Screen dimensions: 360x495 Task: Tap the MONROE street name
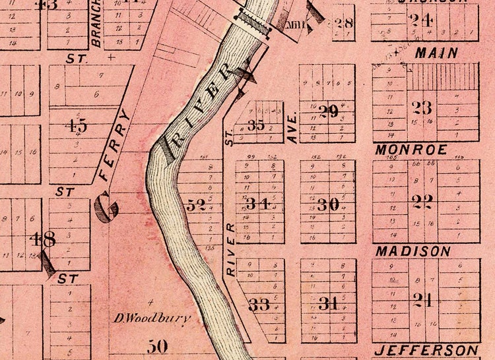coord(411,150)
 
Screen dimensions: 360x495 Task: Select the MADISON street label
coord(413,251)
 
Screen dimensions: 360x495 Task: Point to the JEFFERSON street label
coord(426,349)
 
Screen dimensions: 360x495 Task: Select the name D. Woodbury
coord(152,318)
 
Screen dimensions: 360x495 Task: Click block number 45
coord(77,125)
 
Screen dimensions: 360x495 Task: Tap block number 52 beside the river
coord(196,205)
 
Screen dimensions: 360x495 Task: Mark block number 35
coord(255,125)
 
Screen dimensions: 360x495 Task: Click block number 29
coord(328,111)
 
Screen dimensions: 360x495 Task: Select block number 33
coord(259,305)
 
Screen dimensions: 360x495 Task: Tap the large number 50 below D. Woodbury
coord(158,345)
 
